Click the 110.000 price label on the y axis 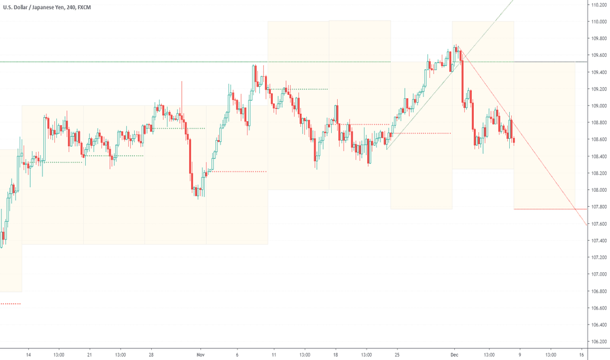click(598, 22)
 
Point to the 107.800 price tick click(598, 207)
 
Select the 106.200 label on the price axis click(598, 342)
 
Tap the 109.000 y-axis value click(598, 106)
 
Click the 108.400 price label click(598, 156)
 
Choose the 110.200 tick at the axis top click(598, 5)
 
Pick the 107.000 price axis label click(598, 274)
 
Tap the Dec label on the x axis click(454, 354)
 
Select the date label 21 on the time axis click(88, 354)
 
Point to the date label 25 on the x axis click(397, 354)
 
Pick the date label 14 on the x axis click(28, 354)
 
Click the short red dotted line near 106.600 click(10, 304)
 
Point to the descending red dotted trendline click(524, 131)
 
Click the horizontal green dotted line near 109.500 click(164, 62)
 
